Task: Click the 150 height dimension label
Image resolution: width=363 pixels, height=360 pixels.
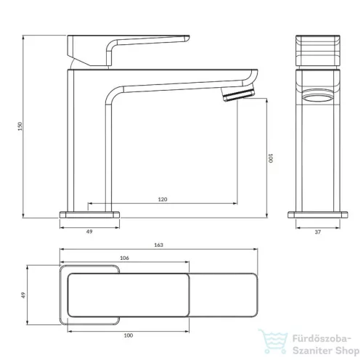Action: [20, 126]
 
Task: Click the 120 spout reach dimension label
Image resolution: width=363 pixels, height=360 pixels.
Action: [163, 200]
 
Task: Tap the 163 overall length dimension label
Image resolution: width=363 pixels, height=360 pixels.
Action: [158, 245]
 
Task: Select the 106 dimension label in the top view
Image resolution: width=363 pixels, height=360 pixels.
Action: [124, 258]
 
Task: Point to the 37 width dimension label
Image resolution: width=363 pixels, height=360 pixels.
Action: [318, 232]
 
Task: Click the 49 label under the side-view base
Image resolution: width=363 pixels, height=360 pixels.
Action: [89, 232]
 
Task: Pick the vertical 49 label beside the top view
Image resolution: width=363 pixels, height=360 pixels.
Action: [23, 295]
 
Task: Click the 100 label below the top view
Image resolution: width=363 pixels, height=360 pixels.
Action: [129, 335]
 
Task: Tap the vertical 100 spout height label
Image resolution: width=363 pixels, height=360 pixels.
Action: [271, 158]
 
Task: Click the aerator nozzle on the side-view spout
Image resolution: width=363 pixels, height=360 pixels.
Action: [239, 94]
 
